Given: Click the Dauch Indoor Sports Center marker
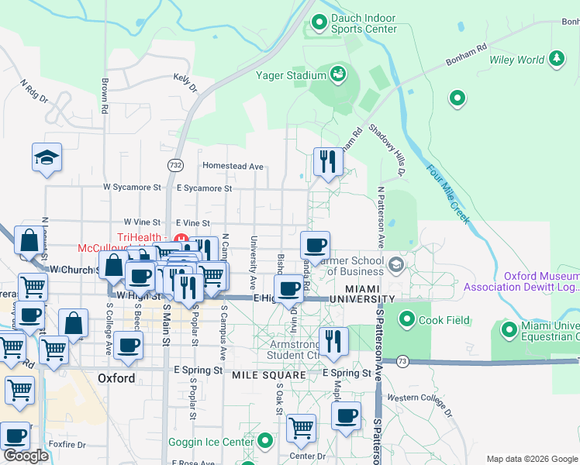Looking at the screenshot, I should click(x=317, y=23).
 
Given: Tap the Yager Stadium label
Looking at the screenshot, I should click(x=291, y=75).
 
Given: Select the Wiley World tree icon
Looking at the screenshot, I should click(x=556, y=58).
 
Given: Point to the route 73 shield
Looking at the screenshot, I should click(x=402, y=360).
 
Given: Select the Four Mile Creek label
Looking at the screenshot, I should click(x=448, y=193).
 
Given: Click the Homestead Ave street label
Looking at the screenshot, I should click(x=233, y=166).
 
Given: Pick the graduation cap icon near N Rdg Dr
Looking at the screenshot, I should click(x=47, y=157).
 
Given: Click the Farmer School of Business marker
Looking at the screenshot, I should click(x=397, y=265).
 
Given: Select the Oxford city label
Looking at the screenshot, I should click(x=117, y=379).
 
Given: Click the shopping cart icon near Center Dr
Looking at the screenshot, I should click(x=301, y=427).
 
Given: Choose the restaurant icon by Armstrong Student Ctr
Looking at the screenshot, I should click(x=333, y=341).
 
